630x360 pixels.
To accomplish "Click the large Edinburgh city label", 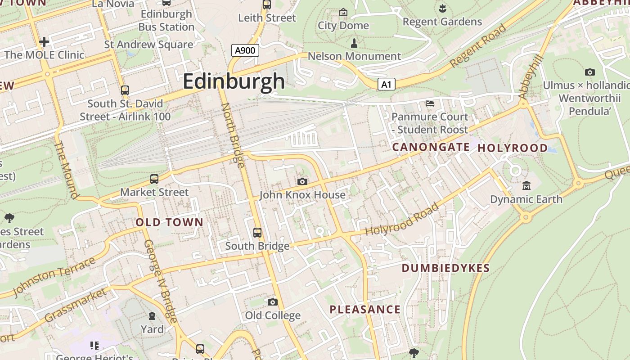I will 234,81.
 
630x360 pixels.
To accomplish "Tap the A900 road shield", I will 245,50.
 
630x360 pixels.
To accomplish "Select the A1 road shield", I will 386,84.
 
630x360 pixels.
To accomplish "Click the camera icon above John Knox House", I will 302,181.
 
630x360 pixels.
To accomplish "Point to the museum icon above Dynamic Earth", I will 526,185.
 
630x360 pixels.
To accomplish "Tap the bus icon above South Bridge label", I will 257,233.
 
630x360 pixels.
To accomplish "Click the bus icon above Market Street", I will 154,179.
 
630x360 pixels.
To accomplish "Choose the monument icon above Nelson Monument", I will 354,43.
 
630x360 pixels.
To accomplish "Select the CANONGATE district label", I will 431,147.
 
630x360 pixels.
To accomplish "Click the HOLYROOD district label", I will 513,148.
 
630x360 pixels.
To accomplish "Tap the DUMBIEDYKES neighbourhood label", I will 445,269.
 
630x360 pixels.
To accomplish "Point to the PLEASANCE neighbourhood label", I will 365,310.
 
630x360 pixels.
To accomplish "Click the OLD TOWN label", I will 170,222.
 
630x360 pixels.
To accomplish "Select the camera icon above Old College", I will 273,302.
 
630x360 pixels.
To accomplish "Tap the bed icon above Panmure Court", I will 430,103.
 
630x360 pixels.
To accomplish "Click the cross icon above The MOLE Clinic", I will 44,42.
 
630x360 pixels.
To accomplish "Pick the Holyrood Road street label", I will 402,220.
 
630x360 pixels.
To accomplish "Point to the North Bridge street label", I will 233,135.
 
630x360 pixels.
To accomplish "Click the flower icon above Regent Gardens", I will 442,8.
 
